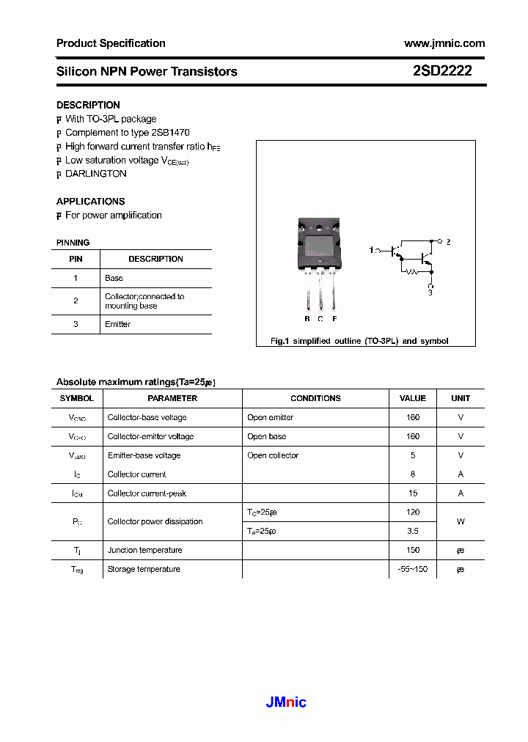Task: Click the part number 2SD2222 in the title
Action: click(x=442, y=71)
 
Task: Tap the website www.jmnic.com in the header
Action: click(x=444, y=43)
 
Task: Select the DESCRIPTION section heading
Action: click(x=88, y=105)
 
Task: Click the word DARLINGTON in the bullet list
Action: click(x=96, y=174)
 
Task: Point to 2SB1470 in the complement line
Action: click(x=170, y=133)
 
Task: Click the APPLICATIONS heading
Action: click(x=90, y=201)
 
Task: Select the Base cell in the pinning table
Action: click(x=114, y=278)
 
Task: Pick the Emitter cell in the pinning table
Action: click(x=117, y=324)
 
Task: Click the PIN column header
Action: click(x=76, y=259)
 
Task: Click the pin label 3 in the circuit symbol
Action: click(x=430, y=293)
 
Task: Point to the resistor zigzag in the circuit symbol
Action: click(x=412, y=271)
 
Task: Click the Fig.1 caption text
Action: click(x=359, y=341)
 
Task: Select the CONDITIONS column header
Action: click(x=315, y=398)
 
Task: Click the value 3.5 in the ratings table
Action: click(x=413, y=531)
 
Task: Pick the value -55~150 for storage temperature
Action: click(x=413, y=569)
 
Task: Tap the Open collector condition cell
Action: click(x=273, y=455)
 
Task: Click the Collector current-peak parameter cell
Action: click(x=147, y=493)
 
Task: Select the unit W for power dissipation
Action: click(x=461, y=521)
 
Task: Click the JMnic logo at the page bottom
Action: click(x=286, y=702)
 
